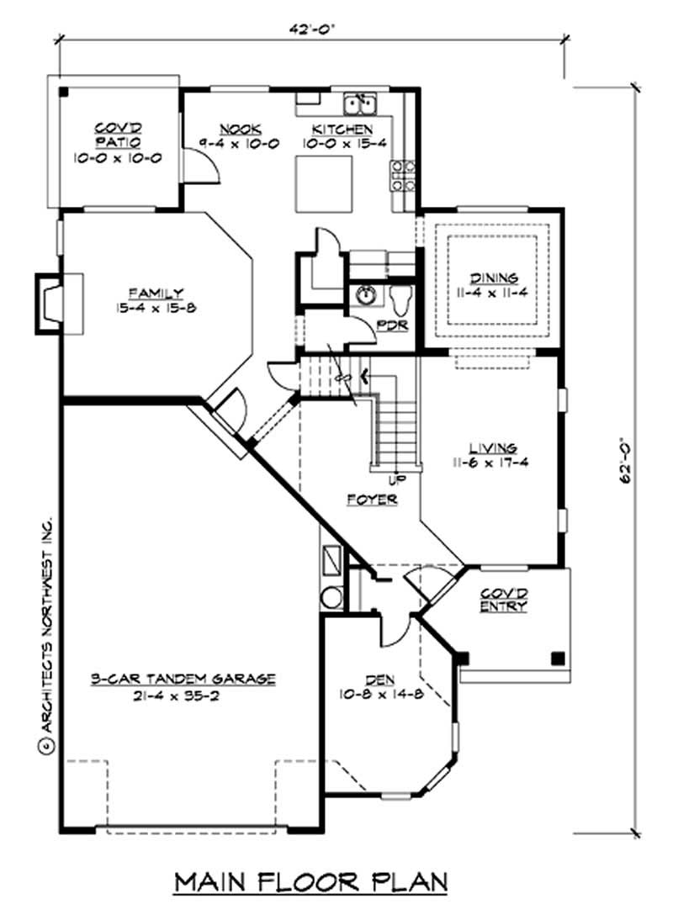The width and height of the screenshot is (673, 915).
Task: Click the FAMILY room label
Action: click(x=162, y=294)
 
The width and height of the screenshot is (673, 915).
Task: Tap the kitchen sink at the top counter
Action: click(x=360, y=104)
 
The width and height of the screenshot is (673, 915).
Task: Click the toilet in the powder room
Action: click(x=400, y=296)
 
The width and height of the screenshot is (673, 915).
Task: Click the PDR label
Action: click(x=392, y=324)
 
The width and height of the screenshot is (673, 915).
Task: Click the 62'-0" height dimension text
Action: click(x=624, y=459)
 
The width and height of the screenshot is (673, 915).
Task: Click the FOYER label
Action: click(x=372, y=499)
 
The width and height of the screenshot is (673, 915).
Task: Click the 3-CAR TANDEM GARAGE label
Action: click(x=183, y=679)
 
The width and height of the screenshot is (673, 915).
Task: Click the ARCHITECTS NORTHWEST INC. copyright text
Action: click(x=46, y=631)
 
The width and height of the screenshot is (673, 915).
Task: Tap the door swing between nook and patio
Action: click(x=202, y=168)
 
